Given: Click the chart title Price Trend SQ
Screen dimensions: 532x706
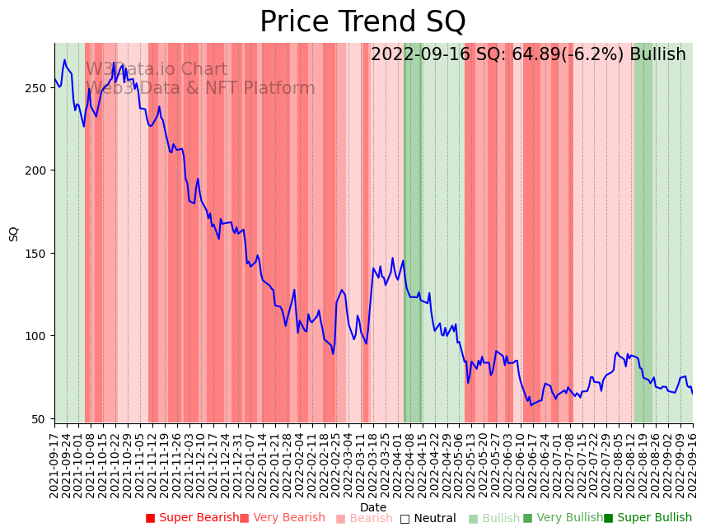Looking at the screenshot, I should (362, 22).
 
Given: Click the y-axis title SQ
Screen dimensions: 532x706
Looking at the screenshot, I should (14, 233).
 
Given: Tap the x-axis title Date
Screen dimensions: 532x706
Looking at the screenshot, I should (373, 507).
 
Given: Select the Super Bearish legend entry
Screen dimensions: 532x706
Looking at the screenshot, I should (192, 518).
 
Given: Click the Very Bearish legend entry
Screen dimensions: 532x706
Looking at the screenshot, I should (283, 518).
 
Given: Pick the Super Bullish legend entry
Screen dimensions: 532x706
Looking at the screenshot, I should (648, 518).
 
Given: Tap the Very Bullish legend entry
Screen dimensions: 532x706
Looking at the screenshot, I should (563, 518).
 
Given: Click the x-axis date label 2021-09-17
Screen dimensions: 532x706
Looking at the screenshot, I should (54, 462).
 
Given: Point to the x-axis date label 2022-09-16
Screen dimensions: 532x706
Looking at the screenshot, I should (693, 462).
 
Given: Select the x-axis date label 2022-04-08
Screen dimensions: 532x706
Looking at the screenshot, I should (409, 462).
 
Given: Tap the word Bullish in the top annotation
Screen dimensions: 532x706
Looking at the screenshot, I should (657, 55).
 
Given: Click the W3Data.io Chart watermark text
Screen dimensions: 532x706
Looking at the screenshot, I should (157, 69).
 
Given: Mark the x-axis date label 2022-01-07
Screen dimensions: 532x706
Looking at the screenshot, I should (249, 462).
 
